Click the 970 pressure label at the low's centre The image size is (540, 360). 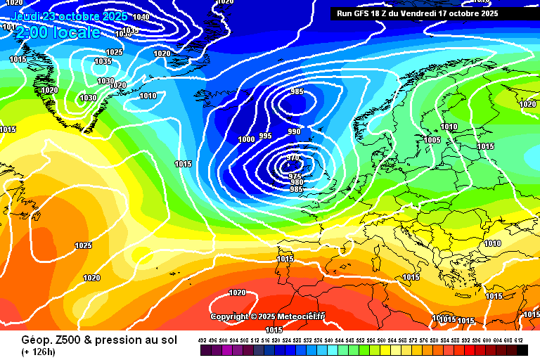pos(293,157)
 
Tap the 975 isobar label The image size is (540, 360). pos(296,176)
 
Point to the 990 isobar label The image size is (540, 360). pos(294,131)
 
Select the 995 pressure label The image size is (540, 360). pos(265,136)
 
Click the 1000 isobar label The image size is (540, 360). pos(246,139)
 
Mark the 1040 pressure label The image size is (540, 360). pos(141,17)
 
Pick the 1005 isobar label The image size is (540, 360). pos(432,140)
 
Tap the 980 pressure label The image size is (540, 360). pos(296,183)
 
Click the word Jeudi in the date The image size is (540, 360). pos(27,16)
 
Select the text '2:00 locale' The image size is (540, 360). pos(58,32)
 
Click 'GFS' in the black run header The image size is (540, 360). pos(364,13)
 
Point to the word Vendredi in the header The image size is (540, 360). pos(420,13)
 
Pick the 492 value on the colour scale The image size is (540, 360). pos(202,340)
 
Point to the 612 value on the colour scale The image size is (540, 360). pos(519,340)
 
